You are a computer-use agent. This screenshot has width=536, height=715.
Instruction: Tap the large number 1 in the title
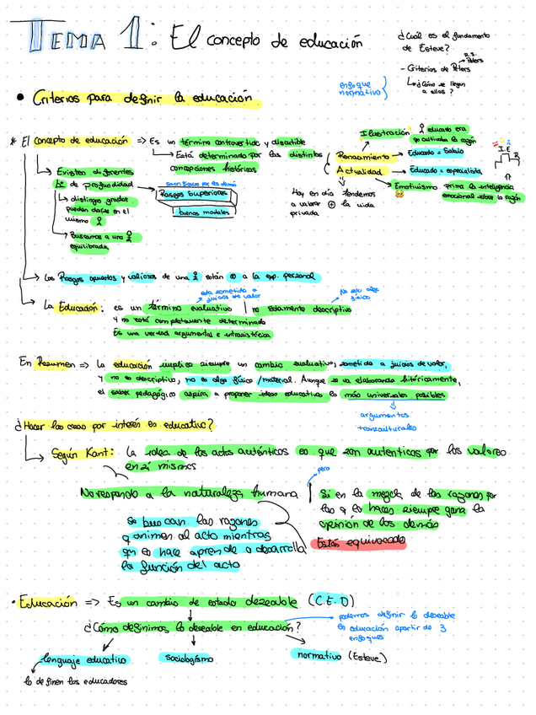tap(131, 39)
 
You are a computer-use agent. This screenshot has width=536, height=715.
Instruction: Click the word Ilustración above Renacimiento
tap(384, 133)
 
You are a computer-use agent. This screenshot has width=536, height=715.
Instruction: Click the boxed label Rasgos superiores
tap(196, 193)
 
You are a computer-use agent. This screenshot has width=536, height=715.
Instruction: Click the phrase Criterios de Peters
tap(435, 69)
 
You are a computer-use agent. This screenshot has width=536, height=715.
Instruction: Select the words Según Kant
tap(76, 453)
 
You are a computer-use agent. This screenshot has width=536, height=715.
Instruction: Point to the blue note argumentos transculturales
tap(387, 422)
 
